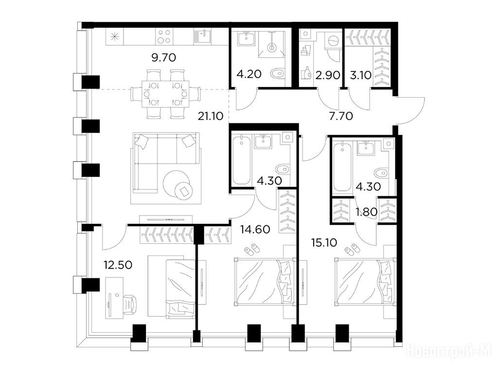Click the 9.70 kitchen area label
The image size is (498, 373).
point(163,58)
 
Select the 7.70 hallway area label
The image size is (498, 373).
point(341,117)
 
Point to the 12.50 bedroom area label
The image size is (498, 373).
point(118,265)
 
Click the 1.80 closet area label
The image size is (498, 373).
point(367,212)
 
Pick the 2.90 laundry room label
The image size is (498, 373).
point(328,75)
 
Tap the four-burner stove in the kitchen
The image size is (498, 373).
point(164,36)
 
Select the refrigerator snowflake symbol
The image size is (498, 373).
point(114,37)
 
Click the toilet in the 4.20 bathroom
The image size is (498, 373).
point(277,74)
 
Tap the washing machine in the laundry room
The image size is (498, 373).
point(333,42)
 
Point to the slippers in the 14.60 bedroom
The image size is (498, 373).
point(252,249)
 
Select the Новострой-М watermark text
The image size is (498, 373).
point(449,351)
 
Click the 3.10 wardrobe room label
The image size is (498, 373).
point(360,75)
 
